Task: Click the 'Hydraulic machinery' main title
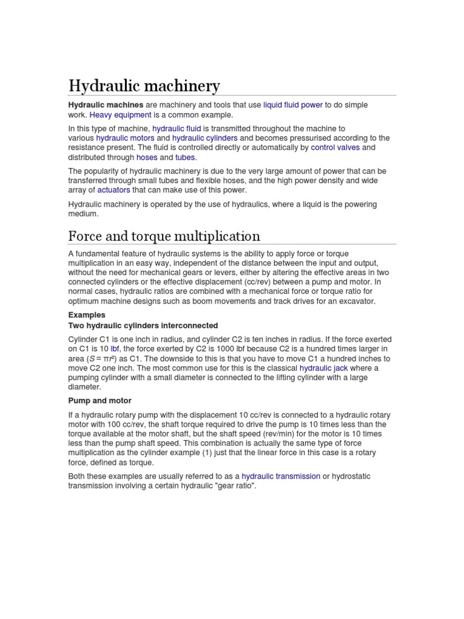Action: [144, 86]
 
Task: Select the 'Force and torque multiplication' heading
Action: [164, 236]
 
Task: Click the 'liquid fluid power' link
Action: [293, 105]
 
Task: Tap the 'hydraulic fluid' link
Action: [176, 129]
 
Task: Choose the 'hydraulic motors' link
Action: [125, 138]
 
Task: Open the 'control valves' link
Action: [335, 147]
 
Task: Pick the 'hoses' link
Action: [147, 157]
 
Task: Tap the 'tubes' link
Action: [185, 157]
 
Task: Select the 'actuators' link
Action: [114, 190]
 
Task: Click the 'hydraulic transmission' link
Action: [281, 476]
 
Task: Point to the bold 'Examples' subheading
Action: [87, 315]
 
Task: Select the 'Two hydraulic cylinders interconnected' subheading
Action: [143, 325]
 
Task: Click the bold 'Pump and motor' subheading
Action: [100, 400]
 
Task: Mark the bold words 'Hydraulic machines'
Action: [106, 105]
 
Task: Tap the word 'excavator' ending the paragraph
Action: [356, 300]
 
